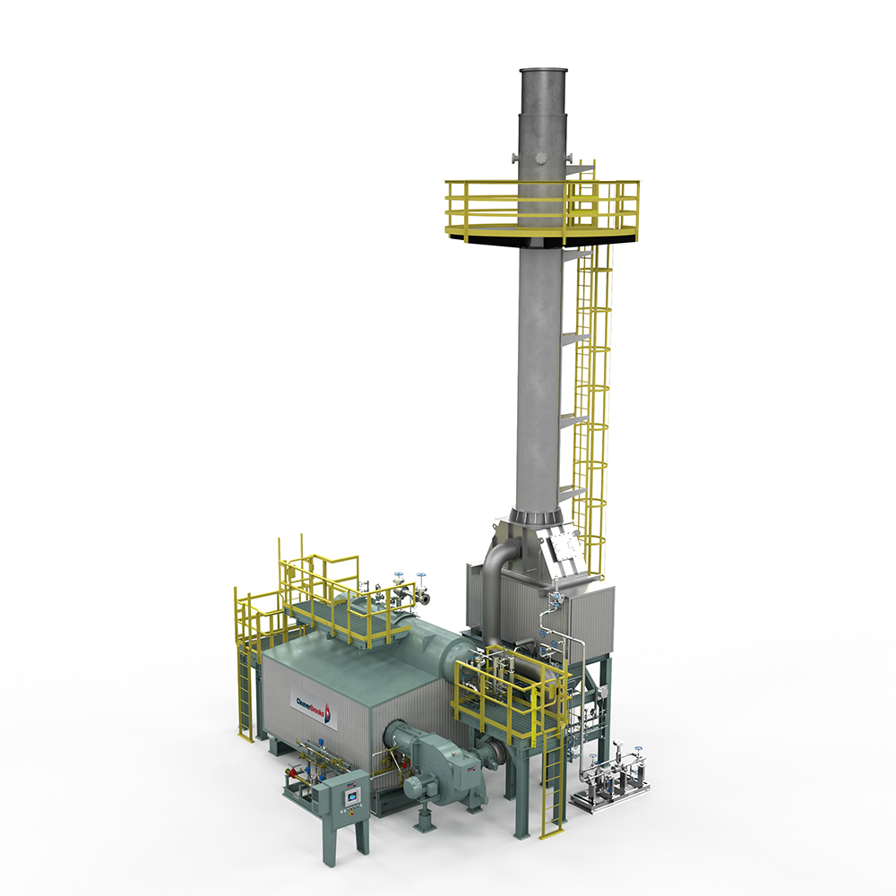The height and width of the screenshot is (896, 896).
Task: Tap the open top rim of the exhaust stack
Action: click(544, 71)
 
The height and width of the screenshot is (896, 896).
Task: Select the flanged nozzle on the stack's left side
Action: click(514, 159)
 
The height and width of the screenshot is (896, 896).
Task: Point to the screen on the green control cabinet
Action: click(353, 792)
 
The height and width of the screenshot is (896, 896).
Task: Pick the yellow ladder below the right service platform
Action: click(554, 788)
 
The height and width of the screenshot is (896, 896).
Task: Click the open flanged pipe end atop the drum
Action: click(426, 597)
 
